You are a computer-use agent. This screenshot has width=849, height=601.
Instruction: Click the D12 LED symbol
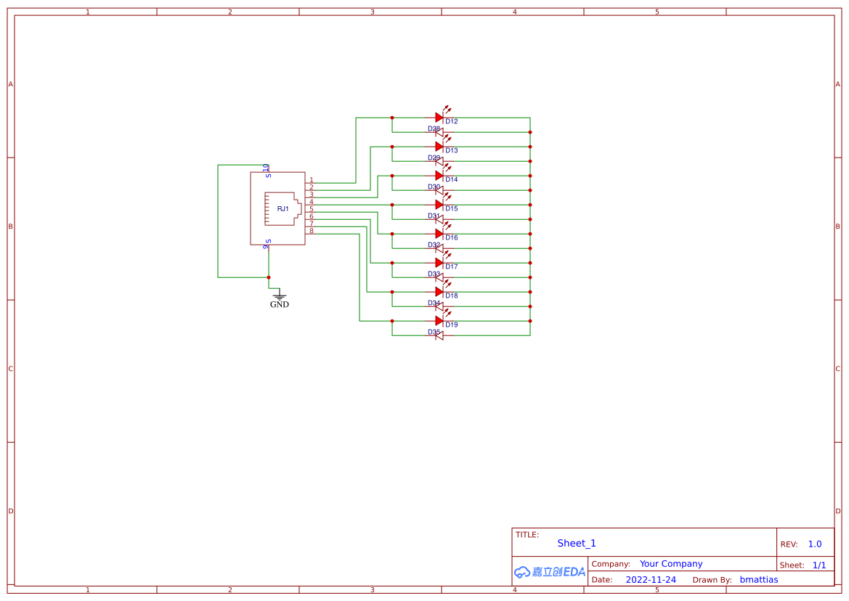439,117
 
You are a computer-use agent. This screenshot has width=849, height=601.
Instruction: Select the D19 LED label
452,324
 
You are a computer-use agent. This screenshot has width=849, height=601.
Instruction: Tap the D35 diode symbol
439,335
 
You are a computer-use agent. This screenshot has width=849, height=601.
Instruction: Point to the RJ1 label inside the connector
283,209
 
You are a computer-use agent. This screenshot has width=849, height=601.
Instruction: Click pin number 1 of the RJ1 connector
311,180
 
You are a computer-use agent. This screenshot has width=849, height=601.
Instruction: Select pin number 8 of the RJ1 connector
311,231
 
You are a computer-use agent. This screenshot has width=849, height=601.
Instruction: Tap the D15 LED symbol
439,204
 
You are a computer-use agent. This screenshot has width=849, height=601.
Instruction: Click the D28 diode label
434,128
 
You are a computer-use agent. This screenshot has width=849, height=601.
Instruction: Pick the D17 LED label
452,266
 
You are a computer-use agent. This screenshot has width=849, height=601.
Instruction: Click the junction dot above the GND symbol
269,277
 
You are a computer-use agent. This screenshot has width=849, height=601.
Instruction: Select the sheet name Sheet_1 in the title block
577,543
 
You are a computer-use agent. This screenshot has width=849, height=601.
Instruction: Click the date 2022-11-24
650,580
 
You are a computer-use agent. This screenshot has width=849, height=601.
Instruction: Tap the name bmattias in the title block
758,580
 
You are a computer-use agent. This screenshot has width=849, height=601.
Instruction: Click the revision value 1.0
815,544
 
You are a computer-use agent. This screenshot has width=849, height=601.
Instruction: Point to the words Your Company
671,563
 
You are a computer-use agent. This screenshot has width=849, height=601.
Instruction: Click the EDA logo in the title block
549,572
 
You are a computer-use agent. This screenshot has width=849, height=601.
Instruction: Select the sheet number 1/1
818,565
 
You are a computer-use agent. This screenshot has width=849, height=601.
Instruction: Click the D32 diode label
434,245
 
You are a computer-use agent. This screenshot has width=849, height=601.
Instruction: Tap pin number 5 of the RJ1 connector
311,209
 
